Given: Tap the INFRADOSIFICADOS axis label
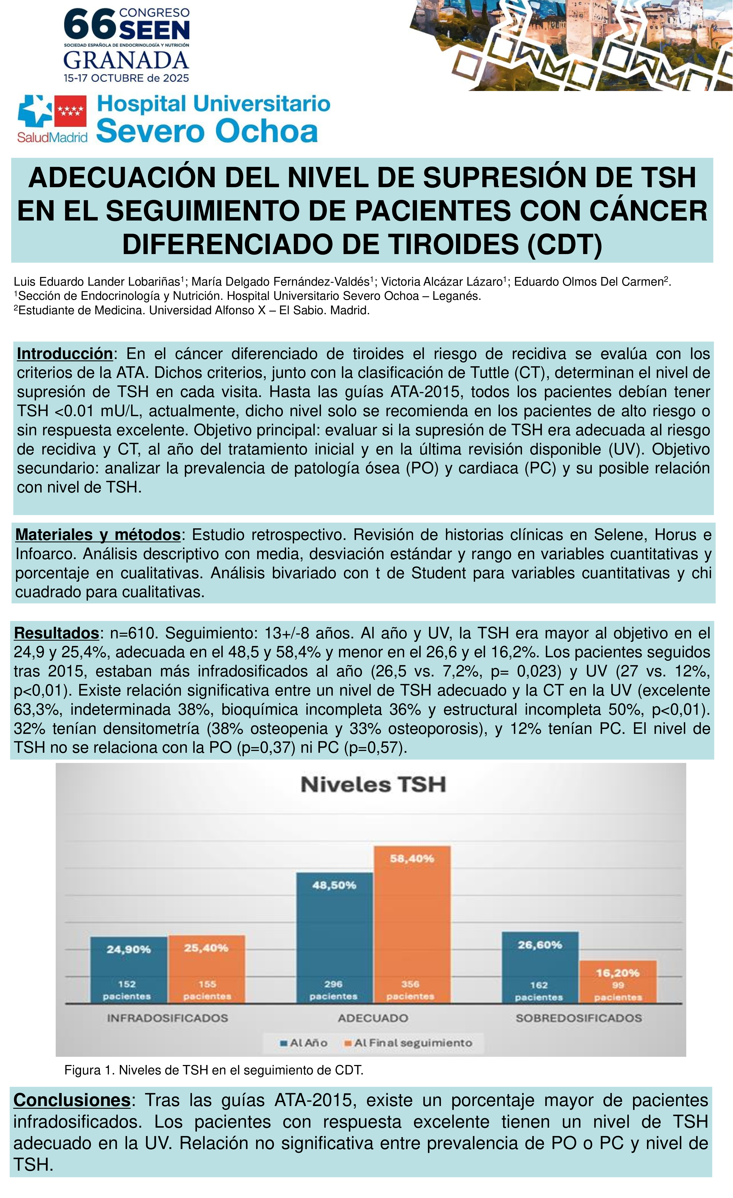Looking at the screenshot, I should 167,1018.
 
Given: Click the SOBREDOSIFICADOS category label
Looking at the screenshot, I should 578,1018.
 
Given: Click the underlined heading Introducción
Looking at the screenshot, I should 65,354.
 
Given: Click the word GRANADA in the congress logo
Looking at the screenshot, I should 126,61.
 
